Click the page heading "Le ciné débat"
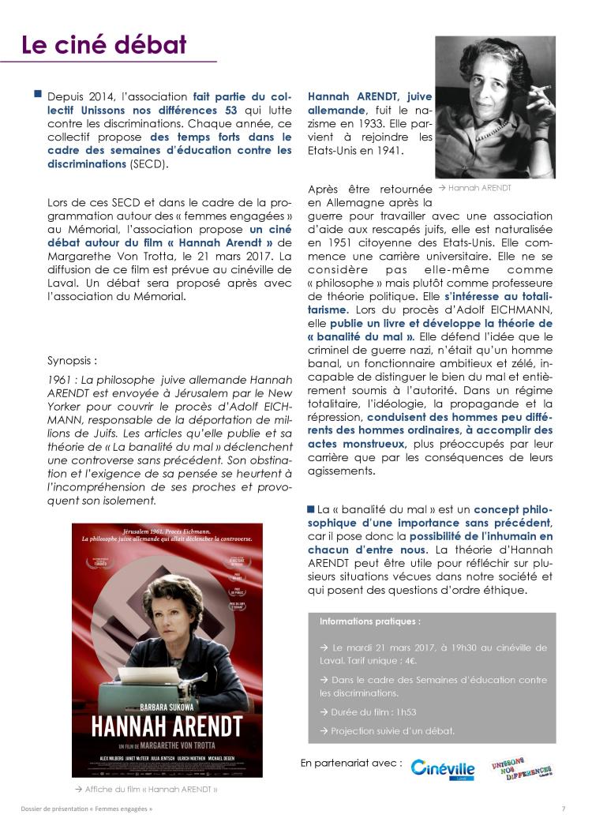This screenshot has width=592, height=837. [103, 44]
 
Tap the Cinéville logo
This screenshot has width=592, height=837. [443, 768]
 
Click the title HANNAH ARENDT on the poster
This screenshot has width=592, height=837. [155, 726]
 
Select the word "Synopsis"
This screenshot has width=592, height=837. [72, 361]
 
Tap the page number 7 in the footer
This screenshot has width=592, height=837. [564, 809]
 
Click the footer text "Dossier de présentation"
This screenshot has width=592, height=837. [58, 809]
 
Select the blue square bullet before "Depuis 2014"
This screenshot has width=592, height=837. [37, 94]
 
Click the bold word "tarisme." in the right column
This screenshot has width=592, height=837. [328, 310]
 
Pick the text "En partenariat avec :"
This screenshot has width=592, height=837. [351, 764]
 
